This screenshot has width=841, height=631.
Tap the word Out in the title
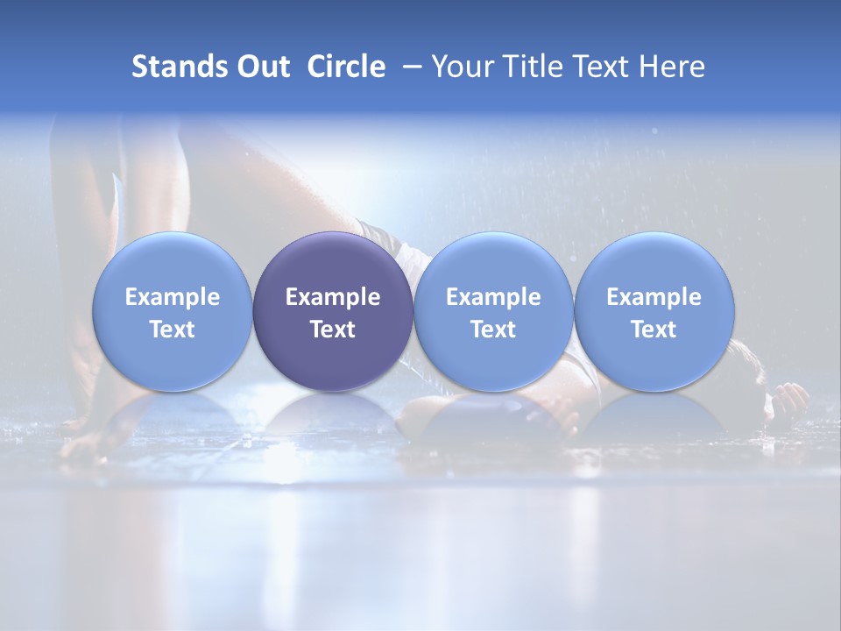[x=260, y=67]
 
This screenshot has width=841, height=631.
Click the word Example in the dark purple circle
[x=333, y=297]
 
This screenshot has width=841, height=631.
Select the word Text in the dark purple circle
[x=333, y=330]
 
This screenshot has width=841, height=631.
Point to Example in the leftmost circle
[x=173, y=297]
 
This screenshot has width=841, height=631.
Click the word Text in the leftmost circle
[x=173, y=330]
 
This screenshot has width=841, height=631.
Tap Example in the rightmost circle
[x=654, y=297]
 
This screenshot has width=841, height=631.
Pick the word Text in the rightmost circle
[x=654, y=330]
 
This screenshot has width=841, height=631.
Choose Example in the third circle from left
[x=493, y=297]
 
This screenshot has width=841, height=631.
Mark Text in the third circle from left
[x=493, y=330]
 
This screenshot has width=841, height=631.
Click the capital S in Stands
[x=138, y=67]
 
